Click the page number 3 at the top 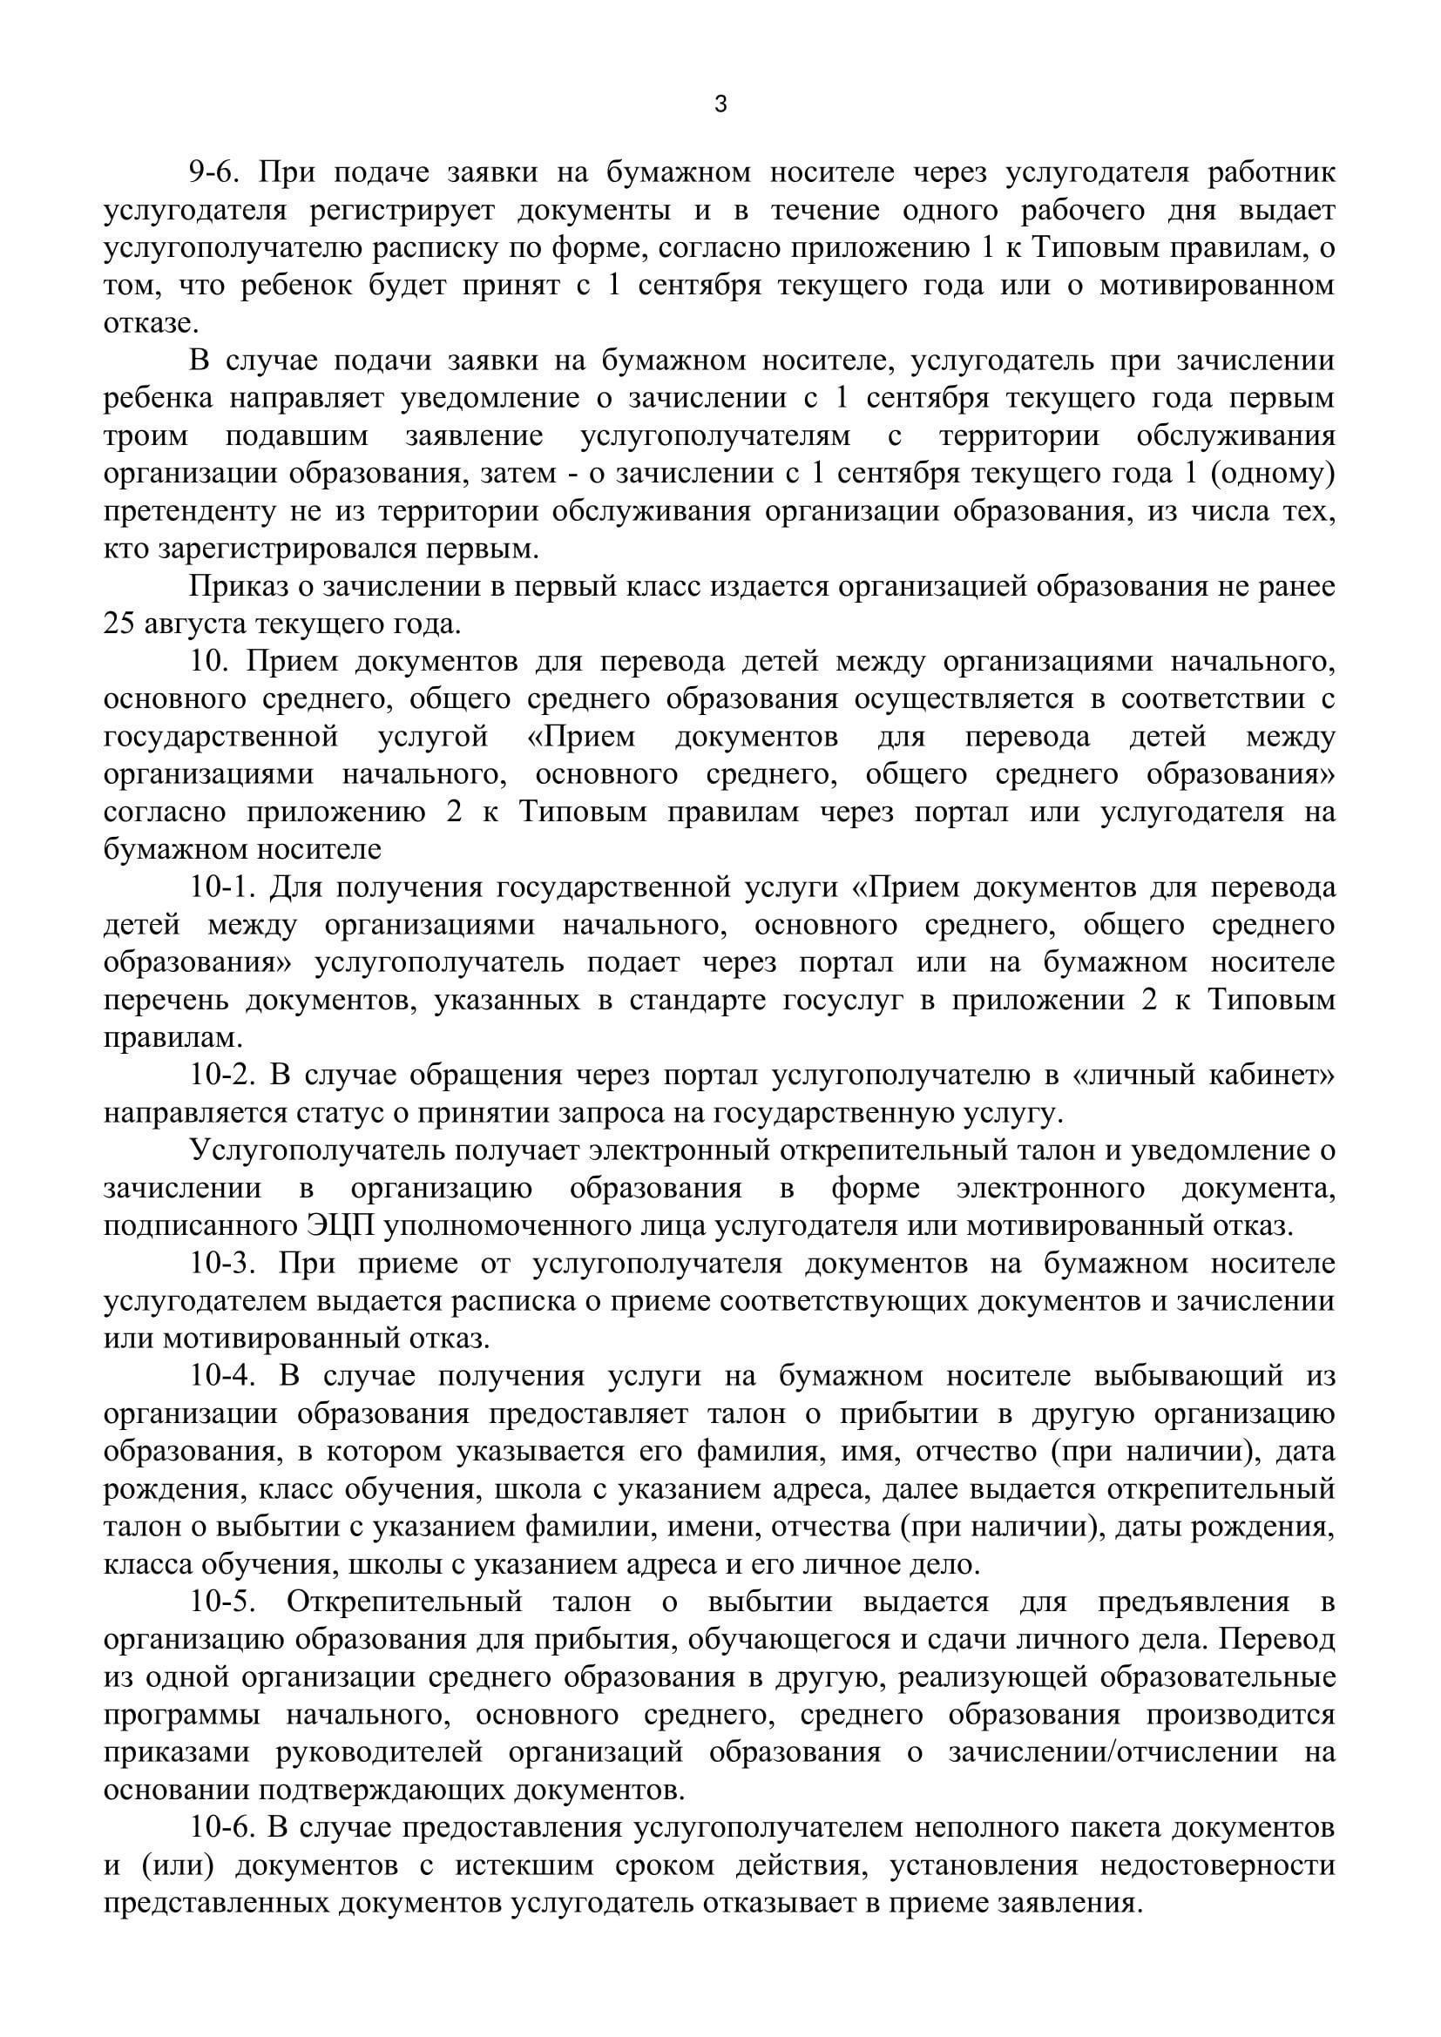(720, 105)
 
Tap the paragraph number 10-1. (220, 887)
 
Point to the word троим (145, 435)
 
